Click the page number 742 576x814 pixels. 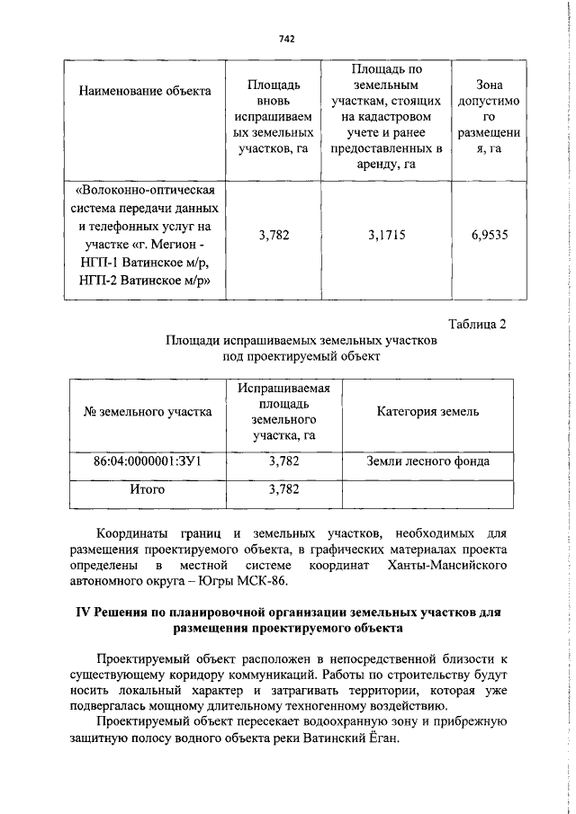(287, 39)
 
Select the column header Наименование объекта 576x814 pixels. (145, 90)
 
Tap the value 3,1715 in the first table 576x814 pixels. (386, 235)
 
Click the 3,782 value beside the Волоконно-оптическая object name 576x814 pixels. (273, 235)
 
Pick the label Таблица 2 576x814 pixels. (478, 325)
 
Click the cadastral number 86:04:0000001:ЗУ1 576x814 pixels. (147, 461)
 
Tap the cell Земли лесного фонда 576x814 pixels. (427, 461)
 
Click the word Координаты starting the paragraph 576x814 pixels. (134, 532)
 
